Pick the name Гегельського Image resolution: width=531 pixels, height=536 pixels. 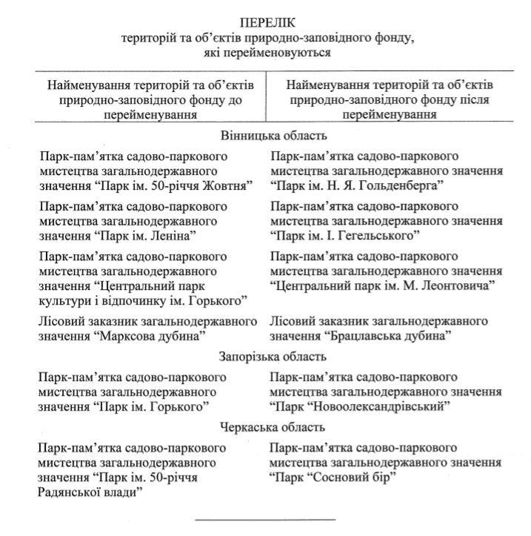pos(377,235)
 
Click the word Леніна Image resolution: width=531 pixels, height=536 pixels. pos(173,235)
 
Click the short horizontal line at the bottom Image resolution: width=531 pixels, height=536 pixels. pos(265,518)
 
